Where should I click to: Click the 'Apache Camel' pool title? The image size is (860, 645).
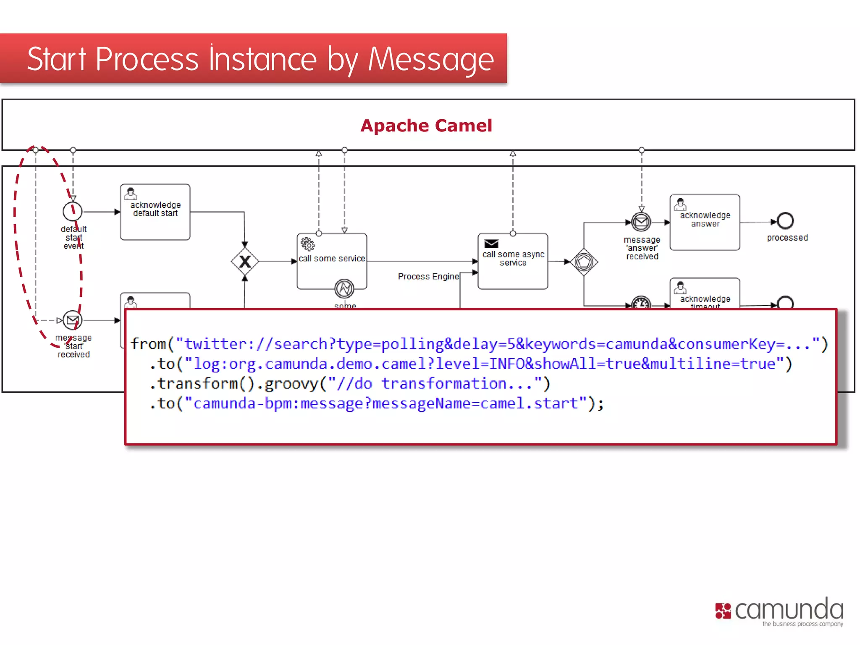click(x=426, y=126)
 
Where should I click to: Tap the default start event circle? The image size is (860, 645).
click(x=72, y=212)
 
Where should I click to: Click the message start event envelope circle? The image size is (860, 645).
click(x=73, y=320)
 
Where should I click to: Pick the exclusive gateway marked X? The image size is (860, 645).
click(x=245, y=262)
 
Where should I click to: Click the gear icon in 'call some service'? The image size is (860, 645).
click(x=307, y=244)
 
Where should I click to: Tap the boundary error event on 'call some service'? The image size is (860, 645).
click(x=344, y=288)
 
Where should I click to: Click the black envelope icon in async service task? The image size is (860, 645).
click(x=491, y=244)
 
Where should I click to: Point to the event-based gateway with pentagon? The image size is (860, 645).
click(x=584, y=262)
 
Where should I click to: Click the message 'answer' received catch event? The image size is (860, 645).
click(x=641, y=222)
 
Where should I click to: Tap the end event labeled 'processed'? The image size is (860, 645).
click(x=785, y=221)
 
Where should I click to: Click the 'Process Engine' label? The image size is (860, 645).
click(x=428, y=276)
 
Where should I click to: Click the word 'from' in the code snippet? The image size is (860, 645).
click(x=148, y=344)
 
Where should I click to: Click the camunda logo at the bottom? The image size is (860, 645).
click(x=779, y=611)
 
